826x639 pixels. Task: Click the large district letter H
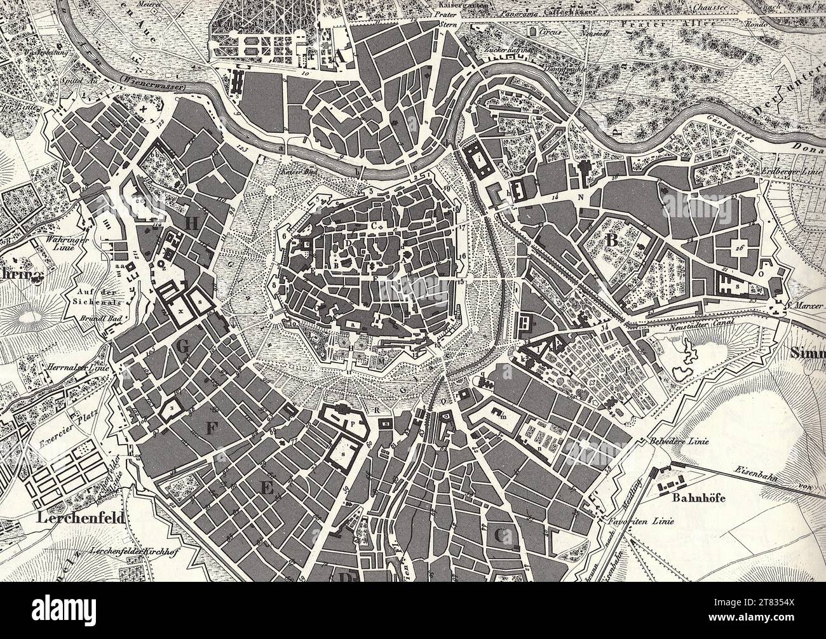click(x=192, y=223)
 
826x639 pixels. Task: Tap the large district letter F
click(x=210, y=429)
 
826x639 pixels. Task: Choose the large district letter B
click(x=613, y=240)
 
